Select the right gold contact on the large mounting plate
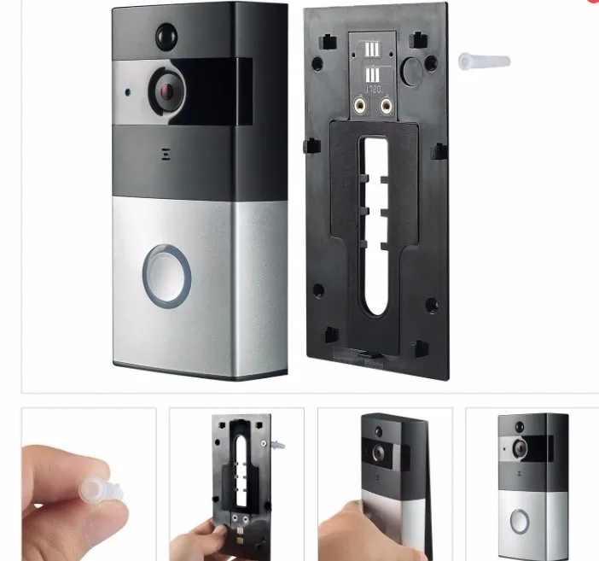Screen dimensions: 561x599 click(x=387, y=105)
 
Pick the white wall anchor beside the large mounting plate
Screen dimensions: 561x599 click(x=484, y=61)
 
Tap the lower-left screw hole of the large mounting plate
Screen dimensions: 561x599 click(x=318, y=289)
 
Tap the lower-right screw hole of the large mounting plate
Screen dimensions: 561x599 click(x=431, y=304)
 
